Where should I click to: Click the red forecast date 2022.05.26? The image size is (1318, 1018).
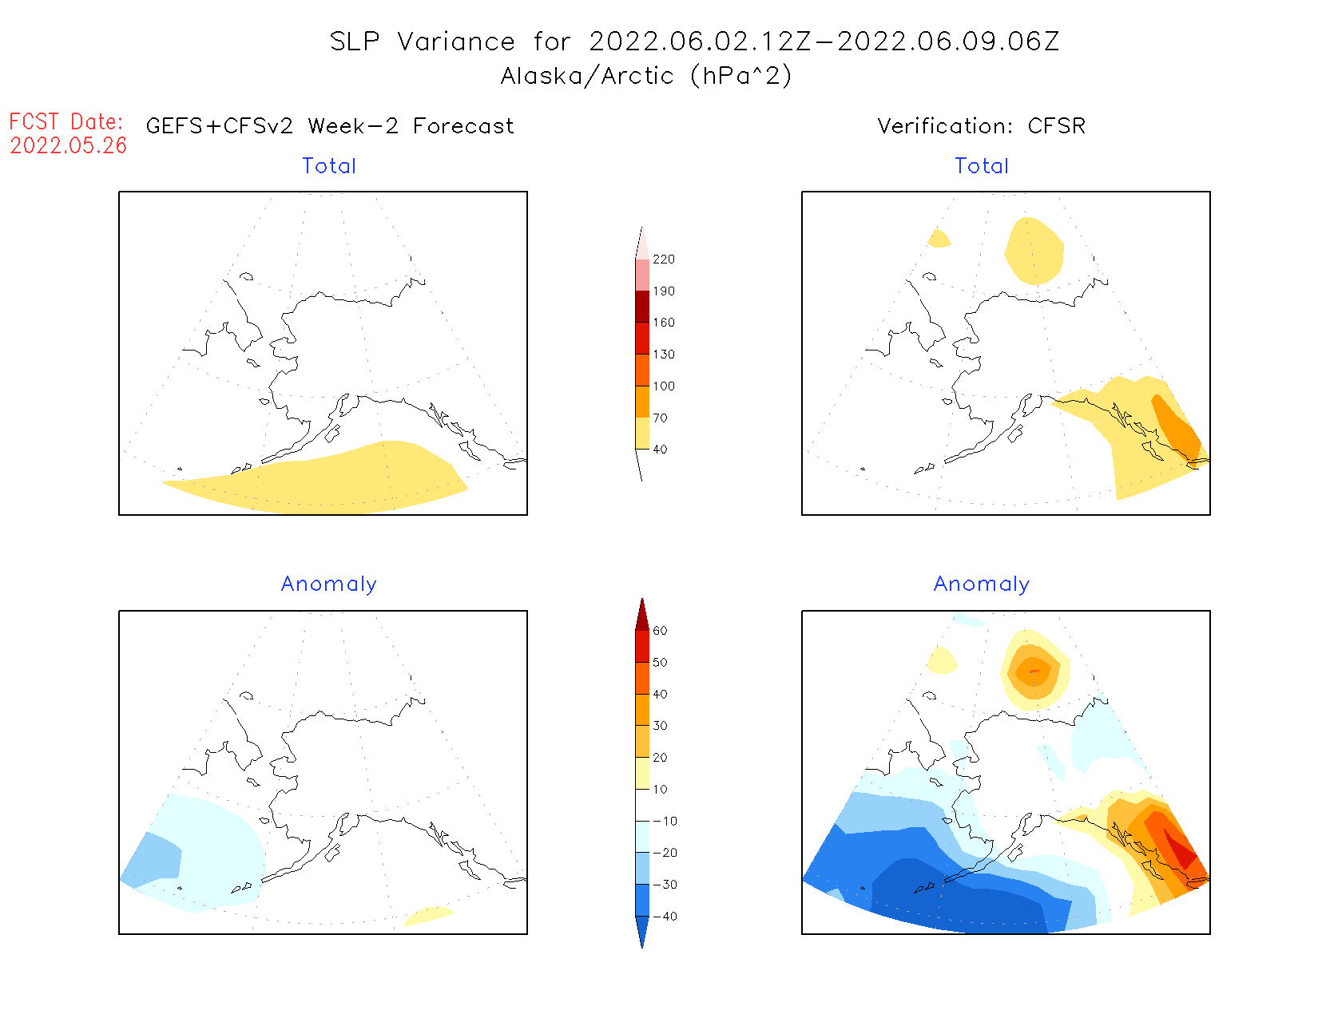tap(69, 145)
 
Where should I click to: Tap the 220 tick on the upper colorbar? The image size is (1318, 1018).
tap(663, 259)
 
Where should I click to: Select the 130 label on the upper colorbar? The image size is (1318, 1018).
tap(663, 355)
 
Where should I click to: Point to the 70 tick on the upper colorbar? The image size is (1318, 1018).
tap(660, 418)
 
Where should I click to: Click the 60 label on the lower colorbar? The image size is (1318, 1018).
tap(660, 631)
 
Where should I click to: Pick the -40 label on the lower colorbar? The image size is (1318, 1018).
tap(665, 917)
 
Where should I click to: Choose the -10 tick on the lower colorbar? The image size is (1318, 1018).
tap(665, 821)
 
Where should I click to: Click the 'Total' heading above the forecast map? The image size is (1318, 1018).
tap(329, 166)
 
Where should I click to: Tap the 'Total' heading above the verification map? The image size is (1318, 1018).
tap(982, 166)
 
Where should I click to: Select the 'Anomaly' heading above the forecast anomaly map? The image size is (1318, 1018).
tap(329, 584)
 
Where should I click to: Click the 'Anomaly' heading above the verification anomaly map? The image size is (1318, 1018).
tap(982, 584)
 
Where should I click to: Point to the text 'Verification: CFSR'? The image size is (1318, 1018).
tap(982, 126)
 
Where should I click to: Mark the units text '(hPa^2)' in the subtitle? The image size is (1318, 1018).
tap(741, 76)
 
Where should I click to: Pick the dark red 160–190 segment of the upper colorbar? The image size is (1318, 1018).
tap(642, 307)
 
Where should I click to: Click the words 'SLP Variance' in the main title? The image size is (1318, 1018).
tap(423, 42)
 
